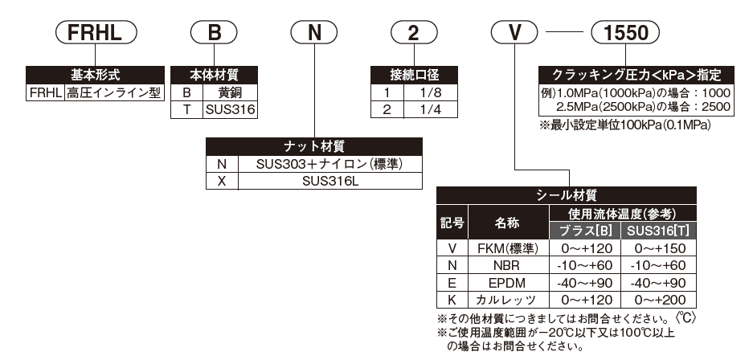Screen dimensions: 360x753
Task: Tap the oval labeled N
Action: pyautogui.click(x=315, y=35)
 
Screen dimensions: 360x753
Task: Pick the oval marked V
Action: pyautogui.click(x=515, y=35)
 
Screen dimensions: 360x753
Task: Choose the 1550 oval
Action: pyautogui.click(x=624, y=35)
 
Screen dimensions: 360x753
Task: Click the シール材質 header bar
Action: pyautogui.click(x=565, y=194)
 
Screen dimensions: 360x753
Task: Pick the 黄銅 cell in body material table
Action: pyautogui.click(x=229, y=92)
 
